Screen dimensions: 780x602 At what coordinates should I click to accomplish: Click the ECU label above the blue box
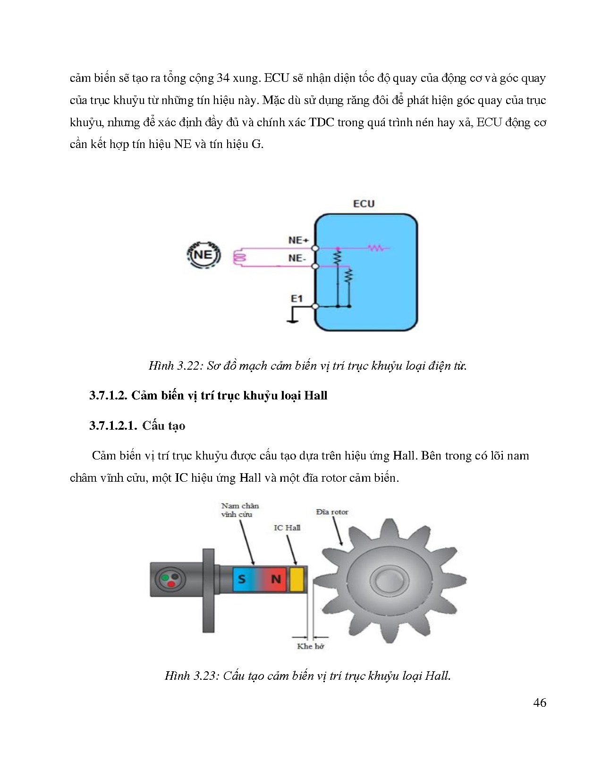364,204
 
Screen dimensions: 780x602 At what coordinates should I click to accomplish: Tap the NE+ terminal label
298,240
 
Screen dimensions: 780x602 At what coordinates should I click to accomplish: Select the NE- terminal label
297,258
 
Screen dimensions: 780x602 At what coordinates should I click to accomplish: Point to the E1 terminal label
297,298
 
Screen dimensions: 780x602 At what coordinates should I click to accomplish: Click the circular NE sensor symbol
203,255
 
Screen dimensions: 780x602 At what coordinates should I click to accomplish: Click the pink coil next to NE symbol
240,258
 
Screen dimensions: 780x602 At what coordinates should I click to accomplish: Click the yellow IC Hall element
296,579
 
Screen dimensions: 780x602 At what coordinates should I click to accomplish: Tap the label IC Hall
287,528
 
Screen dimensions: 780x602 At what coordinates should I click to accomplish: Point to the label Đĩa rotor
332,512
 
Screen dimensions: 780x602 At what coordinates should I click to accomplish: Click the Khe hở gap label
310,646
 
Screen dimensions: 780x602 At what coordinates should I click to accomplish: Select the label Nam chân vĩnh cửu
240,510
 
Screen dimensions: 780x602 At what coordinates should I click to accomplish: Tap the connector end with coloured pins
169,579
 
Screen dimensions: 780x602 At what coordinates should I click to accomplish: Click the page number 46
540,703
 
